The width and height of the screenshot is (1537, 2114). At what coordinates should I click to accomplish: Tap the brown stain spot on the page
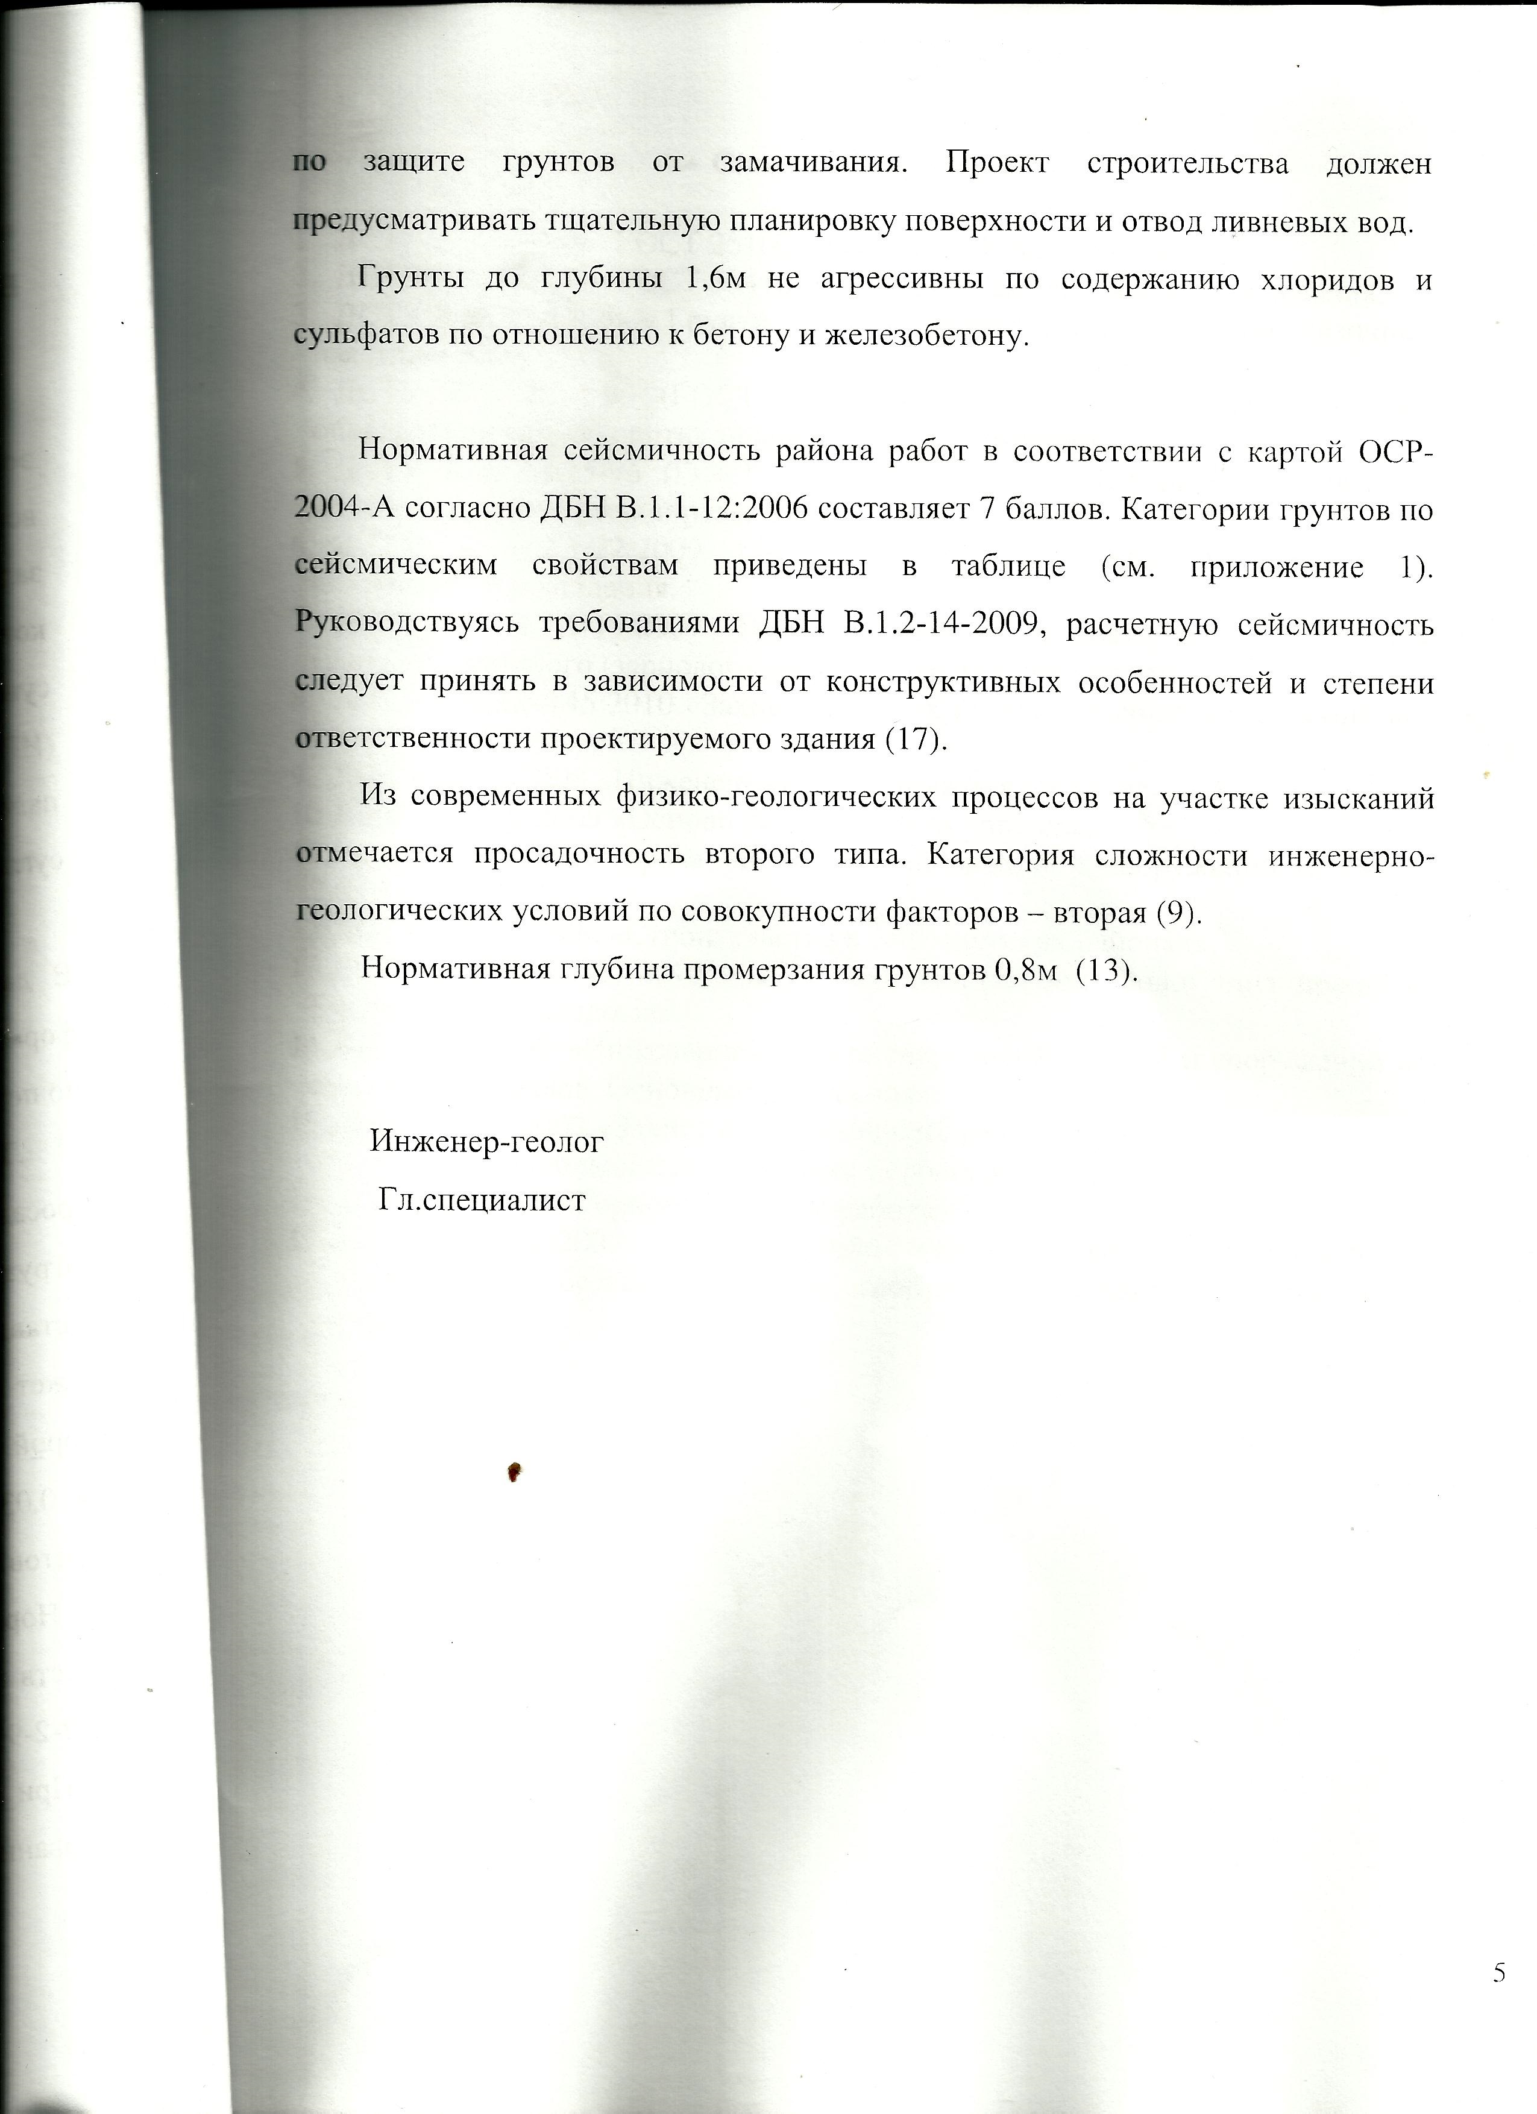[x=513, y=1472]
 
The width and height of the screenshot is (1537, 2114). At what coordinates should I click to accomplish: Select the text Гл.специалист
[x=482, y=1199]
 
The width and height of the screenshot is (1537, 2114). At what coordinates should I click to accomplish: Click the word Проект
[x=998, y=163]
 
